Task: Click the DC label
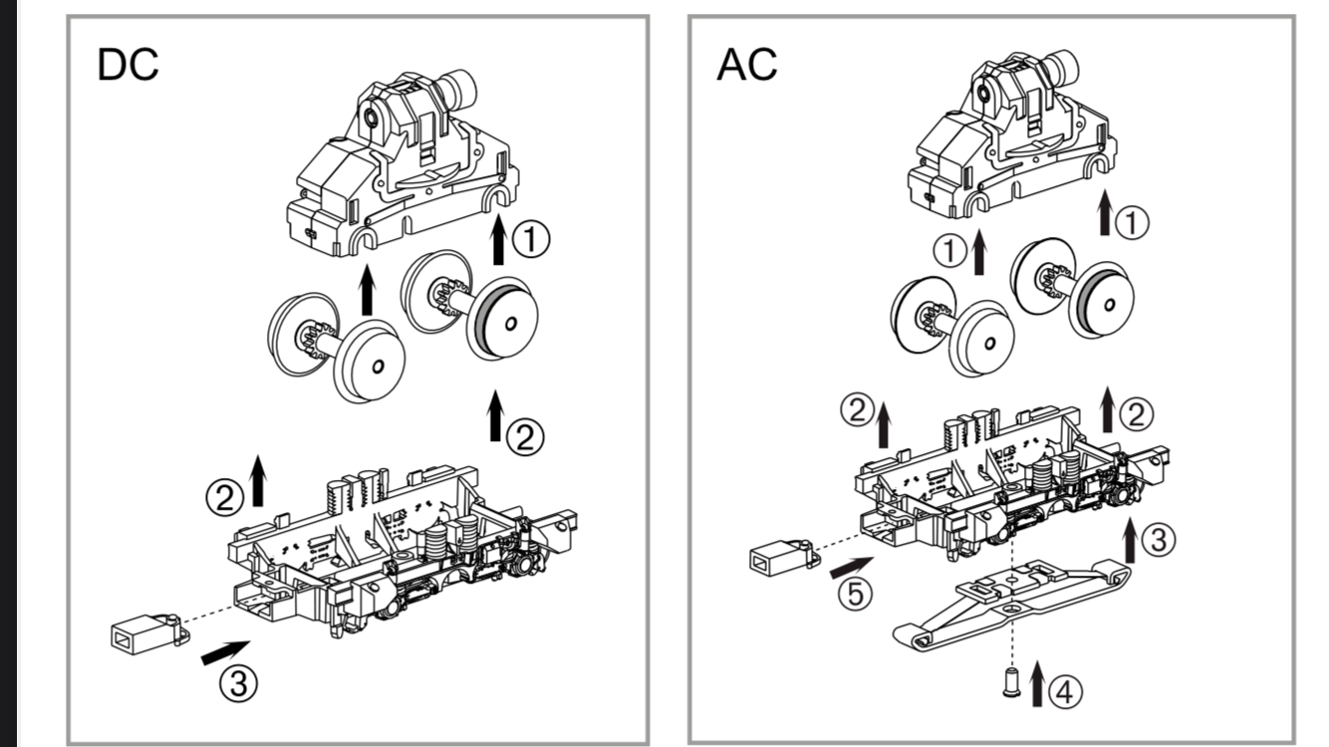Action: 128,65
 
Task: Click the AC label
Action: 747,65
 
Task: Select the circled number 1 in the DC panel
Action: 530,240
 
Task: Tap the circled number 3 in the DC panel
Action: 238,683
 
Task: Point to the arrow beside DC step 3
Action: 225,652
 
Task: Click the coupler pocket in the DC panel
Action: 150,633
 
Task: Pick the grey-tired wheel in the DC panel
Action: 505,321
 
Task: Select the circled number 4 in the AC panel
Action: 1065,692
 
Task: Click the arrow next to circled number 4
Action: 1036,683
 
